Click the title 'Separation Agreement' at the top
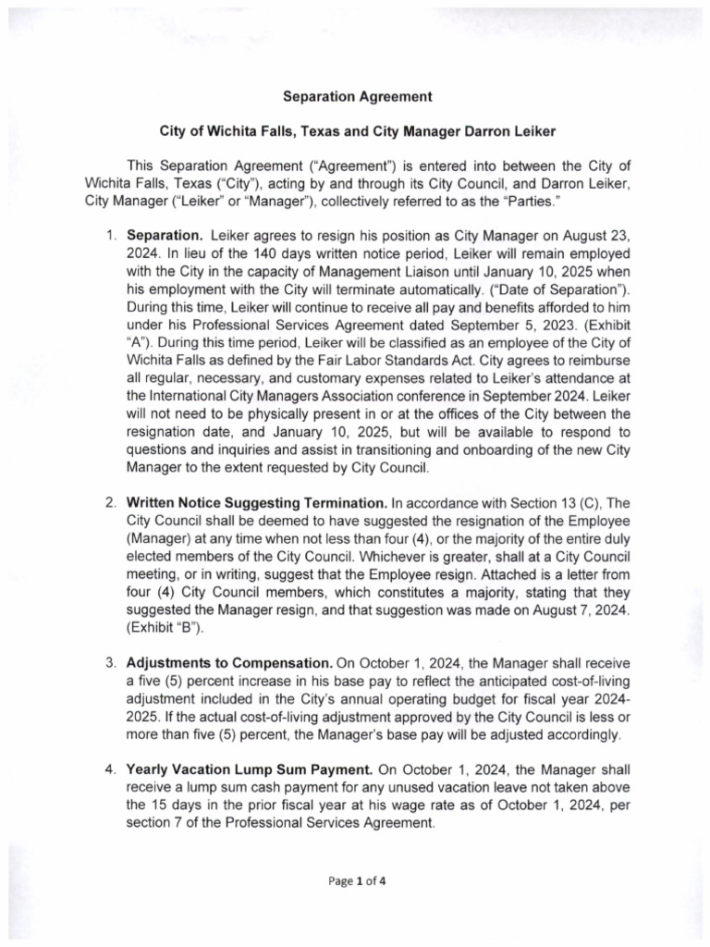pyautogui.click(x=356, y=96)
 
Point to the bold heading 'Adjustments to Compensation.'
pyautogui.click(x=229, y=663)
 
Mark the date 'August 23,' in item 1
pyautogui.click(x=593, y=237)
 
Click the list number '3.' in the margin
pyautogui.click(x=110, y=663)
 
